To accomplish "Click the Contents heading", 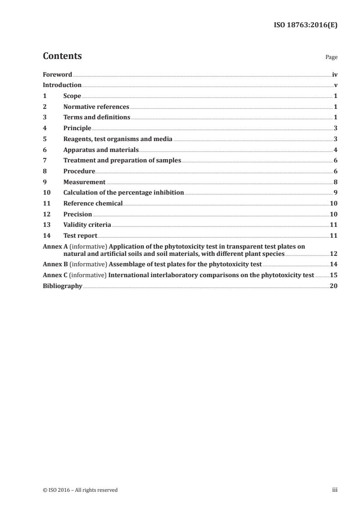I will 62,56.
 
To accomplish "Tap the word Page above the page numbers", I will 331,58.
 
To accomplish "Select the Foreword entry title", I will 57,74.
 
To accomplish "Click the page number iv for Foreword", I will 335,74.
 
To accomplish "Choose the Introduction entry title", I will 62,85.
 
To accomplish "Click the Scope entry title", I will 72,96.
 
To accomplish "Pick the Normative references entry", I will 96,107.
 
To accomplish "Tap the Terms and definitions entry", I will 97,117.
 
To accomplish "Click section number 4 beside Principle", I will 44,128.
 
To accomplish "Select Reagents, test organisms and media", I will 118,139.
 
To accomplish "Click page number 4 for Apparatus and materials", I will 335,150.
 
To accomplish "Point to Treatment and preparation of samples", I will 122,161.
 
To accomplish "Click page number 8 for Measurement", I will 335,182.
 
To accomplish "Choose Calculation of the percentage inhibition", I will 123,193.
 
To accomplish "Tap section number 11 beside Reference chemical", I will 46,204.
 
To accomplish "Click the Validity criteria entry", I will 87,225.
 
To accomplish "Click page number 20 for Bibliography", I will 334,286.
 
